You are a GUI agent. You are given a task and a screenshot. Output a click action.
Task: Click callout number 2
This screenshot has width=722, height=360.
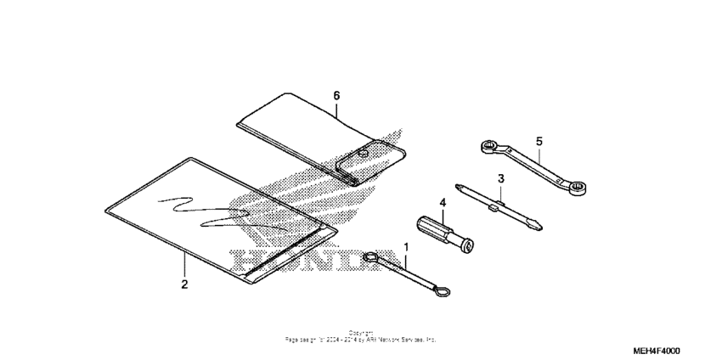click(x=184, y=284)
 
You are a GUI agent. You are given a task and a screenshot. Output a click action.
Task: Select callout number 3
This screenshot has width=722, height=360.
click(x=501, y=178)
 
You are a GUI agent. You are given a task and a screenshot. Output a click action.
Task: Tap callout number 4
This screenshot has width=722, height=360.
click(x=442, y=202)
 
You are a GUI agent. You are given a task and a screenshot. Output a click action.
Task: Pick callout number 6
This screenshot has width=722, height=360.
click(x=336, y=96)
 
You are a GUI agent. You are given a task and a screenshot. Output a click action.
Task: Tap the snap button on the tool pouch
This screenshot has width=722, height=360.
click(x=362, y=154)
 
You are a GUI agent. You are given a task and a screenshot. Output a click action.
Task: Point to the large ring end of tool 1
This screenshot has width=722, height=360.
click(x=370, y=257)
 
